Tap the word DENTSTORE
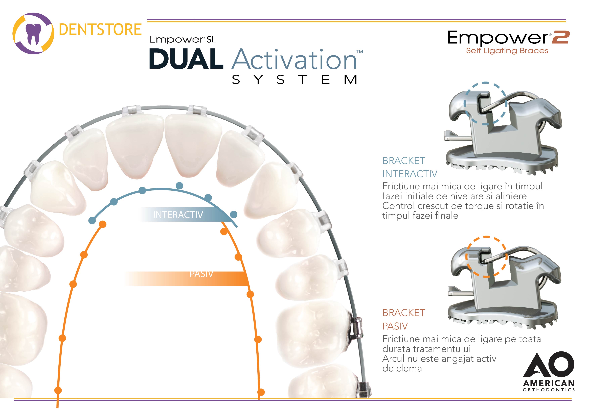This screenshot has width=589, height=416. pyautogui.click(x=100, y=30)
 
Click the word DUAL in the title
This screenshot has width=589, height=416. pyautogui.click(x=186, y=59)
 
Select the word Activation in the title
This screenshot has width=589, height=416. pyautogui.click(x=294, y=59)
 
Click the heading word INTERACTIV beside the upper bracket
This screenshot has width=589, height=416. pyautogui.click(x=410, y=174)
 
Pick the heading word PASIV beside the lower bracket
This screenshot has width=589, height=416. pyautogui.click(x=395, y=326)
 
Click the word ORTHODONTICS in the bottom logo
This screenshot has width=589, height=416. pyautogui.click(x=549, y=390)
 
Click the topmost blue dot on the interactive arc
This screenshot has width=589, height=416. pyautogui.click(x=180, y=185)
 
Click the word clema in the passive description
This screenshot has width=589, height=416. pyautogui.click(x=410, y=368)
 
